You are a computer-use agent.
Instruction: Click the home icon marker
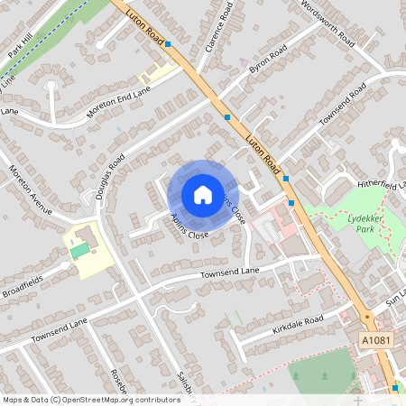(x=202, y=194)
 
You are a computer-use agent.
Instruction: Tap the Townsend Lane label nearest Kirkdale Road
(x=229, y=272)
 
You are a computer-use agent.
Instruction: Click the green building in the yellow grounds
(x=81, y=247)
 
